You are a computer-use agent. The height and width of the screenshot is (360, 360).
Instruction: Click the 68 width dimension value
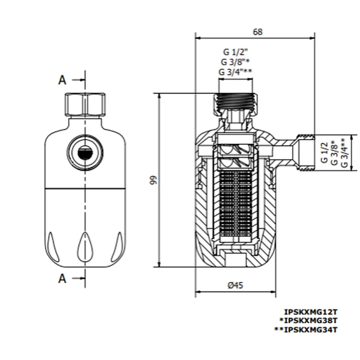258,32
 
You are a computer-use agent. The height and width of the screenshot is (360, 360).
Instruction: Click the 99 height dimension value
153,180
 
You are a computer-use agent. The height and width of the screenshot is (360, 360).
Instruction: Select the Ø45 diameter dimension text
235,285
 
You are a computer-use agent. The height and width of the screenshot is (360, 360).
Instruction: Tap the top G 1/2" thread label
236,52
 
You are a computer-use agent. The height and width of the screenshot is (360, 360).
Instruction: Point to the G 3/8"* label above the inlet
236,62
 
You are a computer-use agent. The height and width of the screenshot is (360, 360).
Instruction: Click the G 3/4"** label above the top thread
236,72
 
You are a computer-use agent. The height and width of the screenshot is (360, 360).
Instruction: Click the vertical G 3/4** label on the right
344,152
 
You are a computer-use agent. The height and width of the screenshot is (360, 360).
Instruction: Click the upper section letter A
62,80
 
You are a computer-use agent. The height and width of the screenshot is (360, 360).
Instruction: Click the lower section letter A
62,279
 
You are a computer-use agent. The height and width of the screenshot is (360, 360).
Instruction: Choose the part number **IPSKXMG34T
306,329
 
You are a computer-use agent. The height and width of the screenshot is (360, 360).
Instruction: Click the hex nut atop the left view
85,105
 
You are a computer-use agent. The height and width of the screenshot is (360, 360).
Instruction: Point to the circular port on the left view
85,153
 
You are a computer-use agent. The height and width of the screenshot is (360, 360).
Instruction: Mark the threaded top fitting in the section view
236,101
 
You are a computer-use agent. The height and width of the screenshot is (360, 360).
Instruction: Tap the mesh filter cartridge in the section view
236,203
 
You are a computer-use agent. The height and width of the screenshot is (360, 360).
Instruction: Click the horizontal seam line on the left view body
85,188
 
